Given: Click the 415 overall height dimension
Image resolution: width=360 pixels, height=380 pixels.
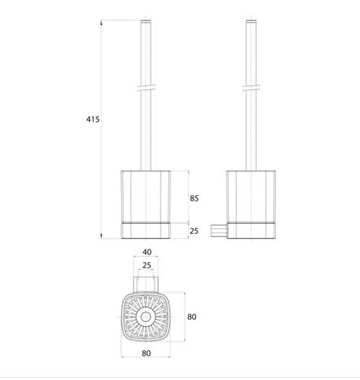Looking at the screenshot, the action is (93, 119).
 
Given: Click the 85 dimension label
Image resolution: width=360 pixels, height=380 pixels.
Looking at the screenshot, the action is (194, 198).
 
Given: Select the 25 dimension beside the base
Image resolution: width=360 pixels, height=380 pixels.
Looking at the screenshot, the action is (194, 231).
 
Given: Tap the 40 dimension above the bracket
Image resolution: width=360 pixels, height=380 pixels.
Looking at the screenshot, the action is (147, 252).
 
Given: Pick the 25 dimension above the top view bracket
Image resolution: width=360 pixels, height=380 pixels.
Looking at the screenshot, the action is (147, 265).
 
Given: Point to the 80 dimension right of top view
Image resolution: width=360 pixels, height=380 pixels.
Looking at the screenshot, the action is (192, 317).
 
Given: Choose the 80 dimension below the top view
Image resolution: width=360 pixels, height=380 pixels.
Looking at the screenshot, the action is (146, 353).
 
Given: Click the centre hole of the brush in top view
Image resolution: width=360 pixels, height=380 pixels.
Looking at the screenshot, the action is (145, 317).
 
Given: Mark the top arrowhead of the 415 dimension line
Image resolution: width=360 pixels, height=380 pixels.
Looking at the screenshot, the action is (101, 23).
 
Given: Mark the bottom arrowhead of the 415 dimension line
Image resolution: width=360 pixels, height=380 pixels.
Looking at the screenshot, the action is (101, 236).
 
